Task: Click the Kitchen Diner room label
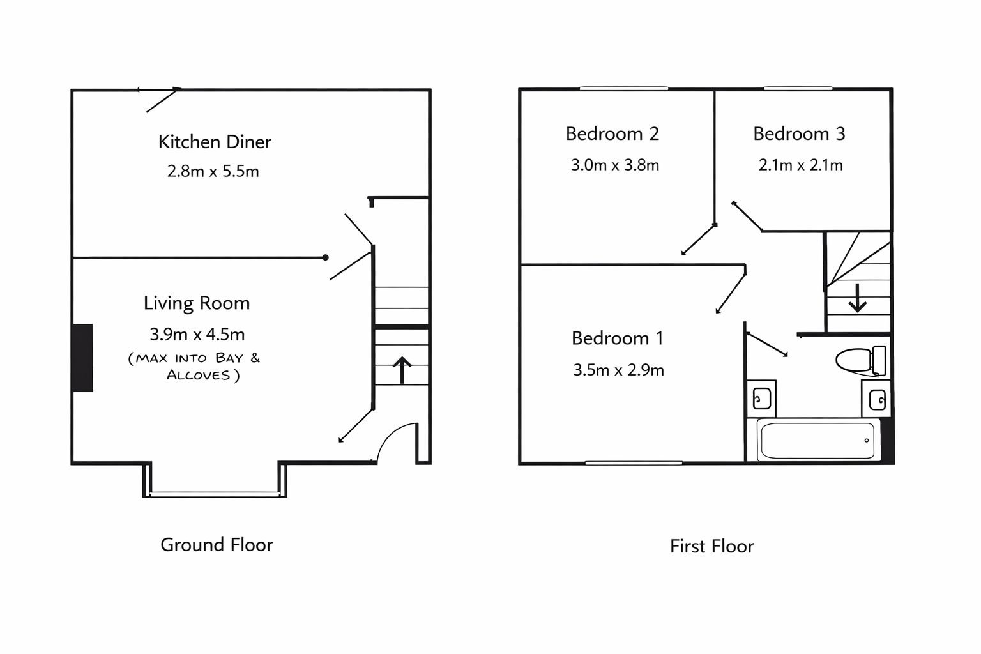pyautogui.click(x=215, y=142)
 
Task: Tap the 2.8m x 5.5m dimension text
pyautogui.click(x=213, y=171)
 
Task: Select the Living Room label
pyautogui.click(x=196, y=303)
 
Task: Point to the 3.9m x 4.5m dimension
pyautogui.click(x=197, y=334)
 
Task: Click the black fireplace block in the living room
pyautogui.click(x=83, y=358)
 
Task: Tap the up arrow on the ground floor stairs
pyautogui.click(x=402, y=370)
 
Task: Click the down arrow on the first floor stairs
pyautogui.click(x=857, y=298)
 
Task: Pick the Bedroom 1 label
pyautogui.click(x=617, y=338)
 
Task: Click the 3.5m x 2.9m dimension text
pyautogui.click(x=618, y=370)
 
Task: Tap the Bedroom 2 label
pyautogui.click(x=612, y=133)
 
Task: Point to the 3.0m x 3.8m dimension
pyautogui.click(x=614, y=165)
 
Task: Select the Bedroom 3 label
pyautogui.click(x=799, y=133)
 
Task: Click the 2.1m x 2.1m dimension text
pyautogui.click(x=800, y=165)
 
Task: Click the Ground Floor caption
pyautogui.click(x=217, y=545)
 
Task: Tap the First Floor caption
pyautogui.click(x=711, y=546)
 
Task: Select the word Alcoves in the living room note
pyautogui.click(x=198, y=375)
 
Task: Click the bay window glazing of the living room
pyautogui.click(x=215, y=494)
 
